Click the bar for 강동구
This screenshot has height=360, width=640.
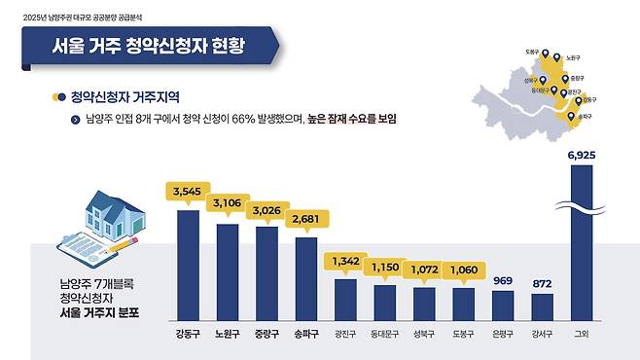[188, 265]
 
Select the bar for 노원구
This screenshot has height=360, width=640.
[228, 271]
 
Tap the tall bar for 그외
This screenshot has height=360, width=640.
[581, 243]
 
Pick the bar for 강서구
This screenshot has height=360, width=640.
[542, 306]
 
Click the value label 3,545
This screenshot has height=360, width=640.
[187, 193]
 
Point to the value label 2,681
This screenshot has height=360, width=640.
[305, 220]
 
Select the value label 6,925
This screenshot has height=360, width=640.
[581, 155]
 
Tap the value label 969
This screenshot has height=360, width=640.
[502, 281]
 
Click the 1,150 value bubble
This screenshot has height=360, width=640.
[384, 266]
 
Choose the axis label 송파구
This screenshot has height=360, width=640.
[305, 332]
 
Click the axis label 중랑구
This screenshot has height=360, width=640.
[267, 332]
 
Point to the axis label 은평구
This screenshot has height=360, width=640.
[502, 332]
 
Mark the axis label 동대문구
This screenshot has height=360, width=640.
[384, 332]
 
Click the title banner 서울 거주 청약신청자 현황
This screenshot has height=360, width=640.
[147, 45]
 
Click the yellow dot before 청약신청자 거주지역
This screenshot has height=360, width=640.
[59, 97]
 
